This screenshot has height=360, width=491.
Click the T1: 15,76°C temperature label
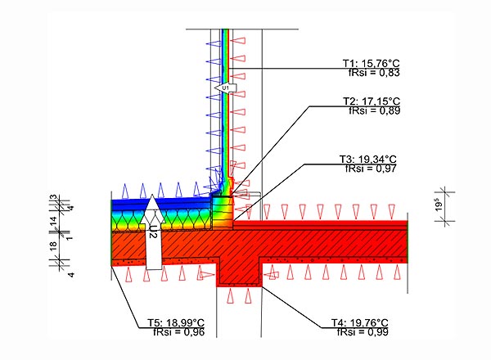(x=371, y=63)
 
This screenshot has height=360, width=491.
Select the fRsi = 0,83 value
(x=374, y=73)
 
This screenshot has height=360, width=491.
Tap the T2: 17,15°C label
(x=372, y=101)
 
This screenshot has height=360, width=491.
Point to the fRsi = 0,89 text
(x=375, y=110)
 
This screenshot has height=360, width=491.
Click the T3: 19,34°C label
(x=368, y=159)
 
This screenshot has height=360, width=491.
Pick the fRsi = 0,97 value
(x=371, y=169)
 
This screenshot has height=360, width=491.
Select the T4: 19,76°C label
(x=360, y=322)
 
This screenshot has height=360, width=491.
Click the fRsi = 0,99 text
(x=363, y=332)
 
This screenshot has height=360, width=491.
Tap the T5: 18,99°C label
(x=176, y=322)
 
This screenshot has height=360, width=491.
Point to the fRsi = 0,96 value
(x=178, y=332)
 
